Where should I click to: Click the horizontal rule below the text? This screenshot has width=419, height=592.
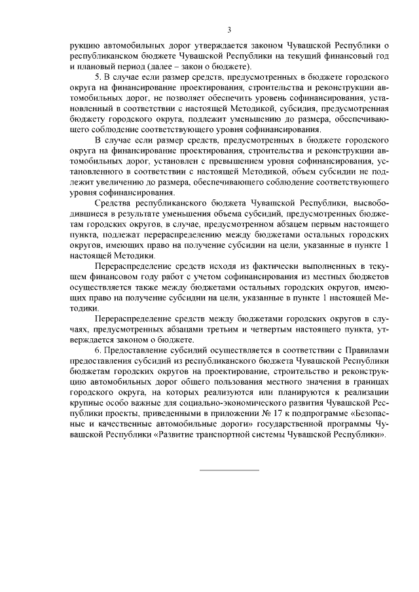(x=229, y=470)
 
